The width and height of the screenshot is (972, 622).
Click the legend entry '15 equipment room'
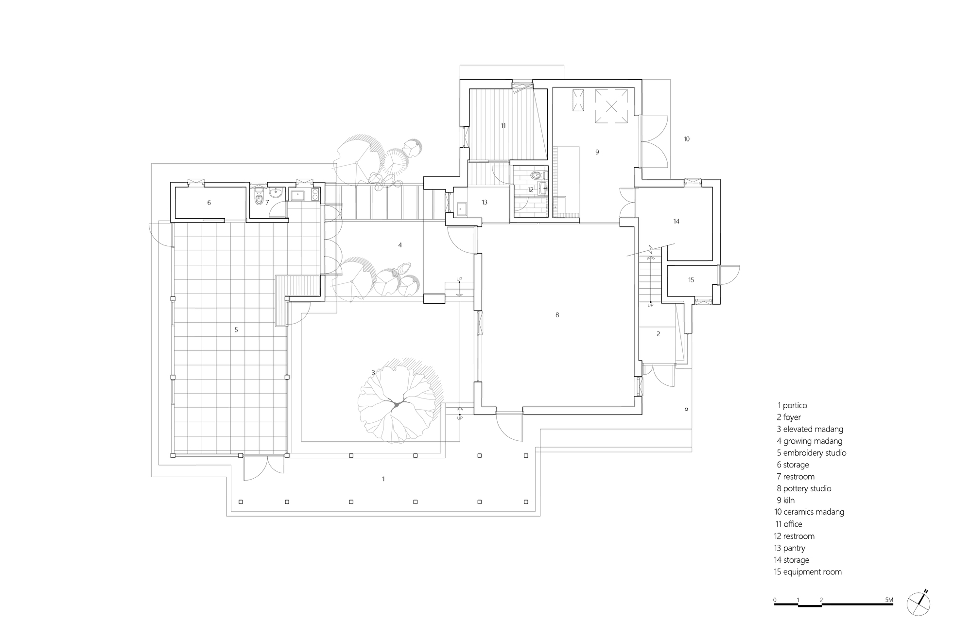pos(808,572)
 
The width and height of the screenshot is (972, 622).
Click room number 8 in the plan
pos(557,315)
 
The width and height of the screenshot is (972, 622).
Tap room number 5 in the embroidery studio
pos(236,330)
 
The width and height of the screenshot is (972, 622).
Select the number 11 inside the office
pos(503,126)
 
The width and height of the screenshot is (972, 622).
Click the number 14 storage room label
pos(676,222)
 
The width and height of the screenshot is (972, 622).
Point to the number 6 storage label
pos(209,203)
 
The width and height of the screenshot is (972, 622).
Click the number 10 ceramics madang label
pos(686,139)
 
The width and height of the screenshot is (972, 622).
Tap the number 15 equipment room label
pos(691,280)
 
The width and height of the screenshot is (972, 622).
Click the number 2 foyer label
pos(658,334)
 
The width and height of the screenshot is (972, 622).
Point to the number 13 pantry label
pos(485,203)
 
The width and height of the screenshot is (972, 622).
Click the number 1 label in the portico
pos(383,479)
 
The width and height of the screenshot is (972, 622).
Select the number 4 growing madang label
pos(400,245)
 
